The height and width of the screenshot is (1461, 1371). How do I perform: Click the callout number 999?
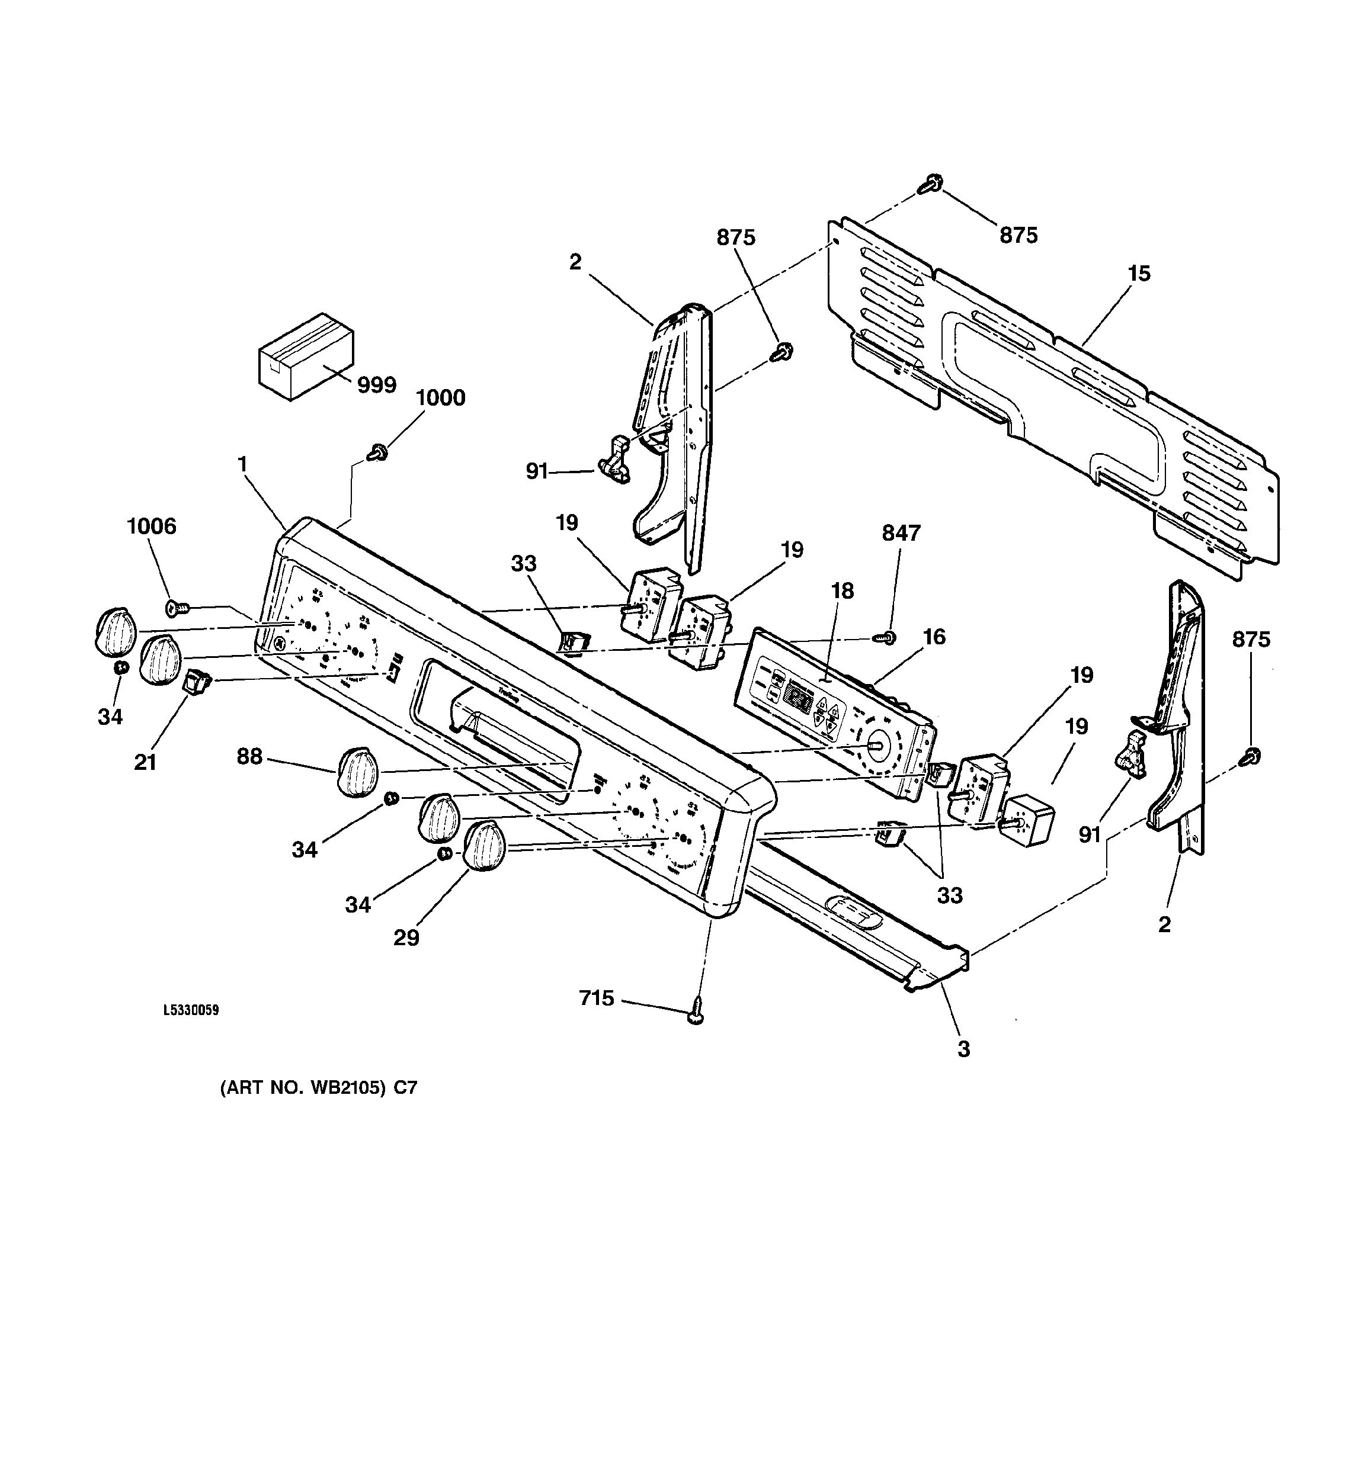point(376,385)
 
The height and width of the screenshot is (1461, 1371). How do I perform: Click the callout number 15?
point(1139,274)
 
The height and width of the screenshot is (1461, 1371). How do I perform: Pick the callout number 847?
point(901,533)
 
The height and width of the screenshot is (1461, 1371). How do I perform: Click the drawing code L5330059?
point(190,1010)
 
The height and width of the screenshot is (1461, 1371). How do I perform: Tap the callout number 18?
point(843,591)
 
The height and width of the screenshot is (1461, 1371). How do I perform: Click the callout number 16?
point(934,637)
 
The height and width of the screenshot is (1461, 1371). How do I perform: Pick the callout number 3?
point(963,1049)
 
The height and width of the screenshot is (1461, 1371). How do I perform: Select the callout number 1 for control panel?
point(242,464)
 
